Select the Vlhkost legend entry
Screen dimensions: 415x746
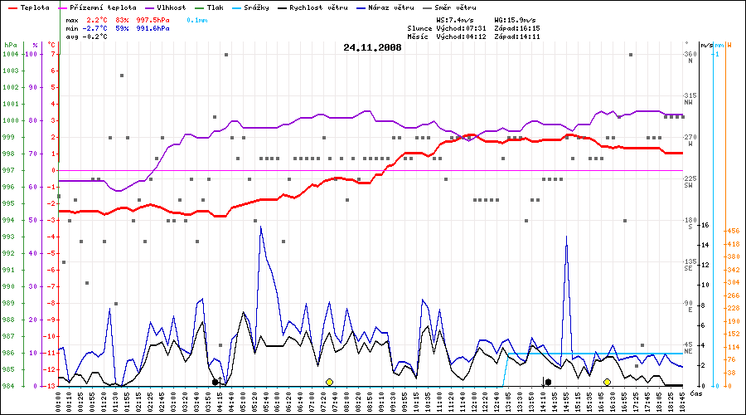171,7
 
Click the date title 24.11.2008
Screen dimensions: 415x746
372,48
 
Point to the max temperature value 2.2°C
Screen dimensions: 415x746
98,18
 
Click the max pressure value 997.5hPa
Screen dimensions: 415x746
153,18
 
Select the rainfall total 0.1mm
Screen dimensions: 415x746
197,18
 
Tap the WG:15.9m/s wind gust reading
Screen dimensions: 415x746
515,18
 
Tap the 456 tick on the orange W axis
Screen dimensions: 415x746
732,231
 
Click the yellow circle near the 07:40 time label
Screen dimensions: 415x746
329,382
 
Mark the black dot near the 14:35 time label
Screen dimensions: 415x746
548,382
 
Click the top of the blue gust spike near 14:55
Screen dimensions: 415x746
567,237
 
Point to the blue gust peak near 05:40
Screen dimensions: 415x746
261,227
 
